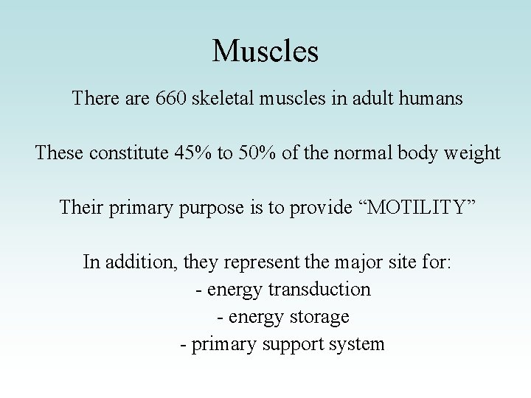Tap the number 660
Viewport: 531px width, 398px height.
pos(171,98)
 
